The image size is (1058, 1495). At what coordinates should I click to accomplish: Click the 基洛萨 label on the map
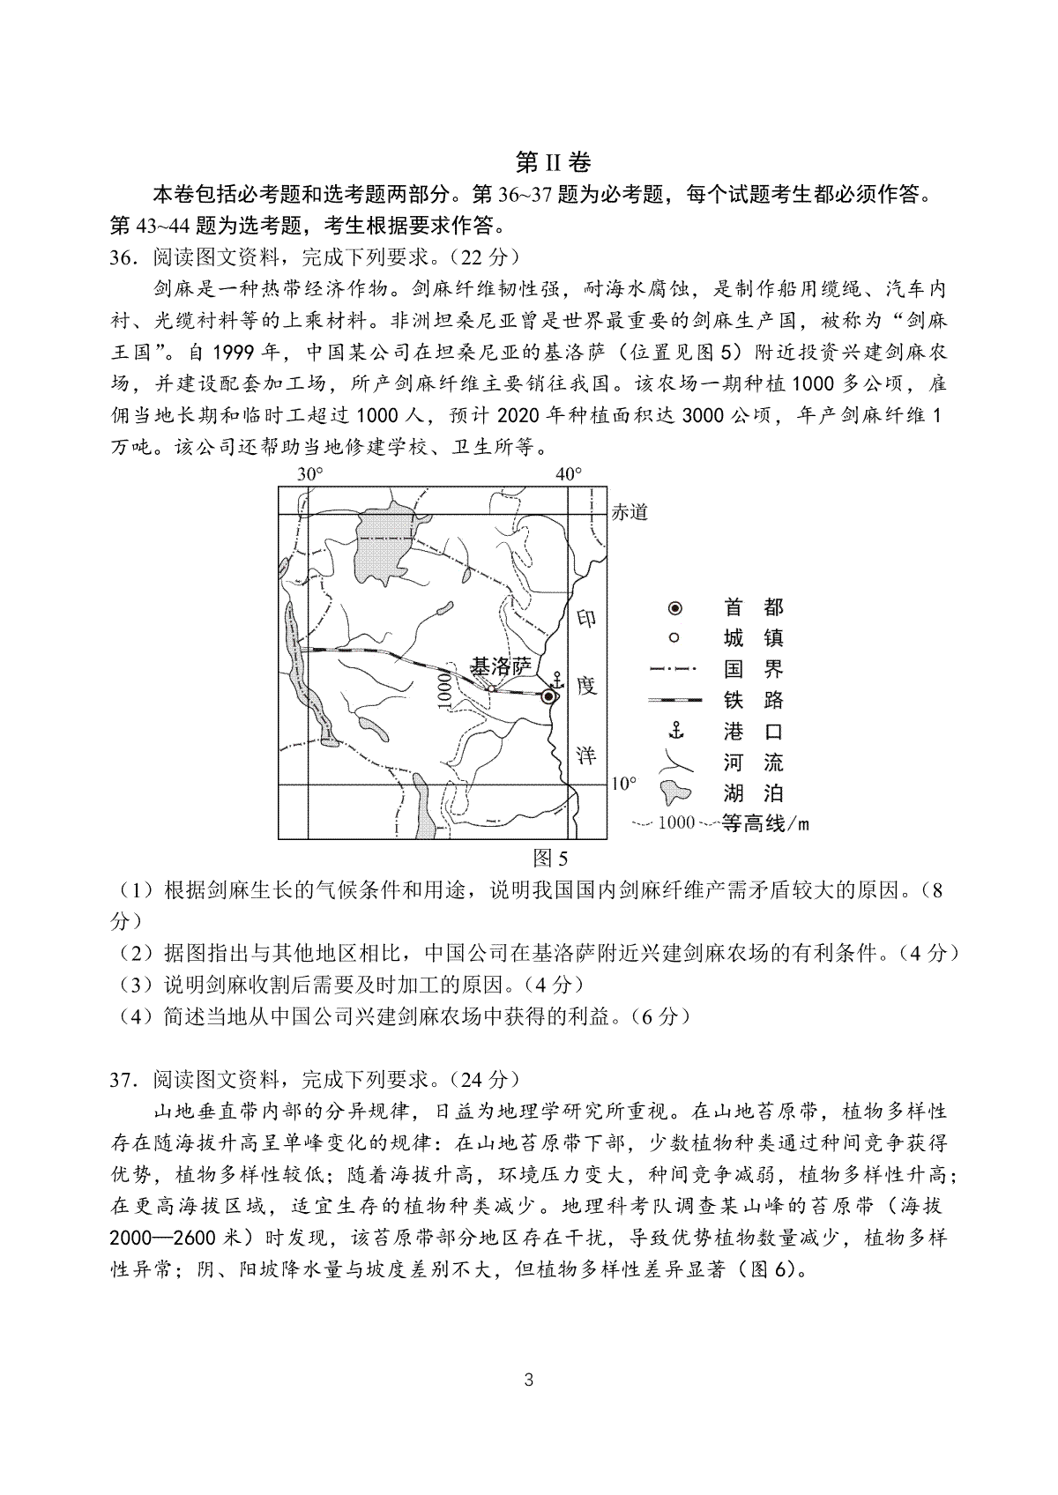pos(501,666)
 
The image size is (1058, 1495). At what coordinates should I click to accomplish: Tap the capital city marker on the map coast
pos(548,696)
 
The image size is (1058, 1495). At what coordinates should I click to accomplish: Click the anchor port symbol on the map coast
pos(556,680)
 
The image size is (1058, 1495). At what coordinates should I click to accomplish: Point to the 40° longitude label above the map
pos(568,474)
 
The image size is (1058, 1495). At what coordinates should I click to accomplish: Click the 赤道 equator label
pos(630,512)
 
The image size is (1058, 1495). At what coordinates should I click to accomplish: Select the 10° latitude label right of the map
pos(623,784)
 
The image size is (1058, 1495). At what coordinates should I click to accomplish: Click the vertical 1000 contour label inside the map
pos(443,688)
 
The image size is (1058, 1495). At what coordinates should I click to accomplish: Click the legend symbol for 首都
pos(674,607)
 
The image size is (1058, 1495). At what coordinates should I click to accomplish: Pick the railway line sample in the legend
pos(674,700)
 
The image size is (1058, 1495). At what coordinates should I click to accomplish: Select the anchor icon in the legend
pos(674,731)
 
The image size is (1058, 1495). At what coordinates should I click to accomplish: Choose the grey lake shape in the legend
pos(677,791)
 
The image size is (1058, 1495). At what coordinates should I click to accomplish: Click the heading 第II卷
pos(553,162)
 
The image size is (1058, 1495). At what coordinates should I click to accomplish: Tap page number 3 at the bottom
pos(529,1405)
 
